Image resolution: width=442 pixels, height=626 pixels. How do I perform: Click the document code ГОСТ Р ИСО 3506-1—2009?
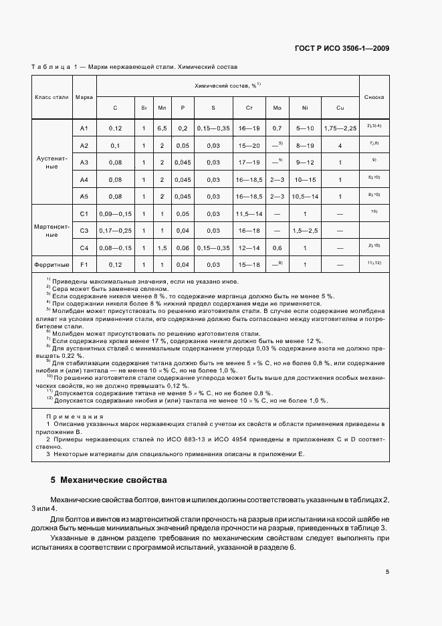[342, 48]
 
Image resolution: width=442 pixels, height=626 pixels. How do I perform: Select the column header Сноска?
[374, 97]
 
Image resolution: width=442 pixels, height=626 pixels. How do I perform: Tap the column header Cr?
[249, 108]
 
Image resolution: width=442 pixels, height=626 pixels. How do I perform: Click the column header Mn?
[162, 108]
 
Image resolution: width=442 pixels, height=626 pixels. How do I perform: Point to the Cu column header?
[340, 108]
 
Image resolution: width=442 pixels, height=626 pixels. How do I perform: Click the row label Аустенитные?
[51, 163]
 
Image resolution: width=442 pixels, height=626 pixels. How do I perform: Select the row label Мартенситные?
[51, 231]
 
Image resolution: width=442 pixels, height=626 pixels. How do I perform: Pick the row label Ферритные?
[51, 264]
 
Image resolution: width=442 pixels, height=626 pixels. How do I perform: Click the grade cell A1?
[84, 128]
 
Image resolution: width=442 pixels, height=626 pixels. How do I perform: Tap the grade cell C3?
[84, 230]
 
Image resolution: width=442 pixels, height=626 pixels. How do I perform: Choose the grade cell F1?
[84, 264]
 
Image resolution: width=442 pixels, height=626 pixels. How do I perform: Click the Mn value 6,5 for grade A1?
[162, 128]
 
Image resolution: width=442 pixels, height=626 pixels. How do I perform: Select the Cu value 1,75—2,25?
[340, 128]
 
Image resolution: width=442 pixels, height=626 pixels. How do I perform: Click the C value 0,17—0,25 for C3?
[115, 230]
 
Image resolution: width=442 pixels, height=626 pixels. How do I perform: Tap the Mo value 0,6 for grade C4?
[277, 247]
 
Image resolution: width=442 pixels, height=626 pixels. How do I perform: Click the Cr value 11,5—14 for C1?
[249, 213]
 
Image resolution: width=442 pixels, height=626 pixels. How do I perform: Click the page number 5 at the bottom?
[387, 572]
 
